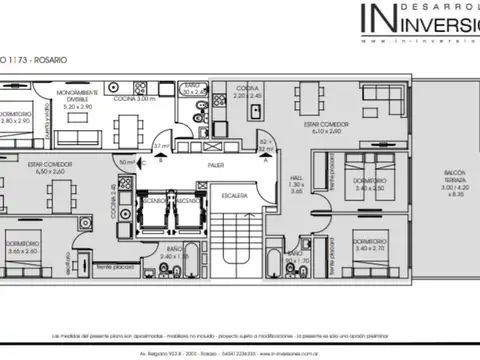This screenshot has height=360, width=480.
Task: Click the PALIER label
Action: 214,163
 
